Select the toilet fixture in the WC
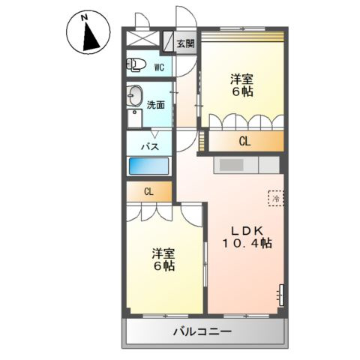point(136,64)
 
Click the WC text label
point(159,67)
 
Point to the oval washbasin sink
point(135,95)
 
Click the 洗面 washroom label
point(157,106)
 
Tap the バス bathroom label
point(150,146)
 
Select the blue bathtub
point(150,166)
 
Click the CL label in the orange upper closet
point(244,140)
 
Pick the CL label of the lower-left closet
point(148,192)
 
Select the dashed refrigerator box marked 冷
point(276,198)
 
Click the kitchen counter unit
point(245,164)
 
